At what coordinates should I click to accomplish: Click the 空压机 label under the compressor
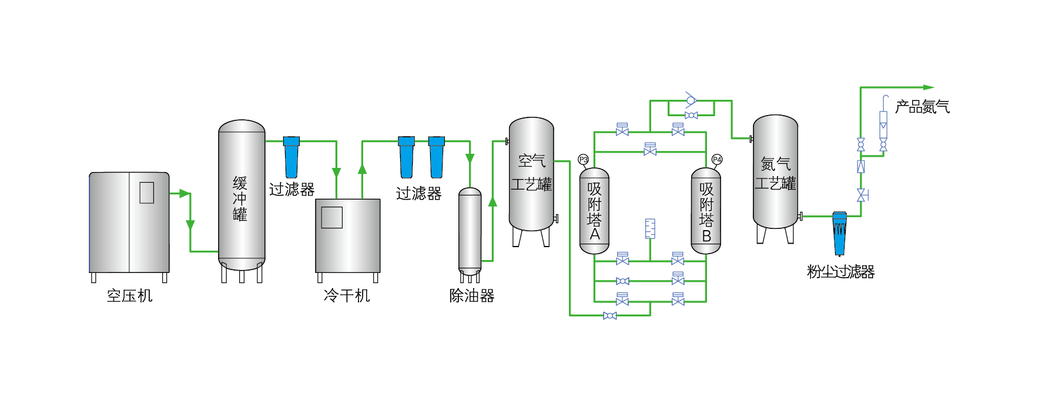pos(129,295)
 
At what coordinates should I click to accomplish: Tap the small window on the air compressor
pos(146,193)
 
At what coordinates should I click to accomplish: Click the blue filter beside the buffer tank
pos(292,157)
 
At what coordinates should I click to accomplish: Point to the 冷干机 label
pos(347,295)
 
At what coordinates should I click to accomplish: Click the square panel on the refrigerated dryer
pos(331,217)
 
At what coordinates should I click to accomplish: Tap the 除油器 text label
pos(472,295)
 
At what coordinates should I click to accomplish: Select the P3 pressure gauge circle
pos(583,160)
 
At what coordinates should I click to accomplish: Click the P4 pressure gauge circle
pos(716,160)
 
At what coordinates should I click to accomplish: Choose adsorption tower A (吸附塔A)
pos(594,211)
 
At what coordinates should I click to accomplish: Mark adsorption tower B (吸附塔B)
pos(706,211)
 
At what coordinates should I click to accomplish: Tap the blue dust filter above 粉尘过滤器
pos(840,232)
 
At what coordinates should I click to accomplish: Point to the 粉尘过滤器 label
pos(840,272)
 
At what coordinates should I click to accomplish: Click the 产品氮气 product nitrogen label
pos(922,107)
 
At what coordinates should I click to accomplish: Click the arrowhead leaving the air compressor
pos(185,193)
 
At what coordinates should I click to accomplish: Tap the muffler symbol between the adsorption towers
pos(650,228)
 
